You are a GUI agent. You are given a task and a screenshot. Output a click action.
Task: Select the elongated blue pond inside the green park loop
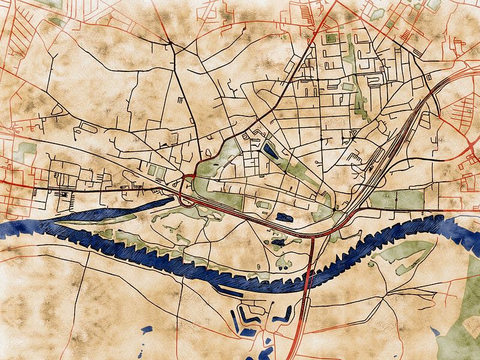click(x=271, y=151)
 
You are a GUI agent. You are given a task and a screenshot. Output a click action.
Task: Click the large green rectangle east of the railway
click(x=396, y=199)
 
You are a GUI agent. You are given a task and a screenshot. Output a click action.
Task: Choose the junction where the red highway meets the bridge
click(x=314, y=236)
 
